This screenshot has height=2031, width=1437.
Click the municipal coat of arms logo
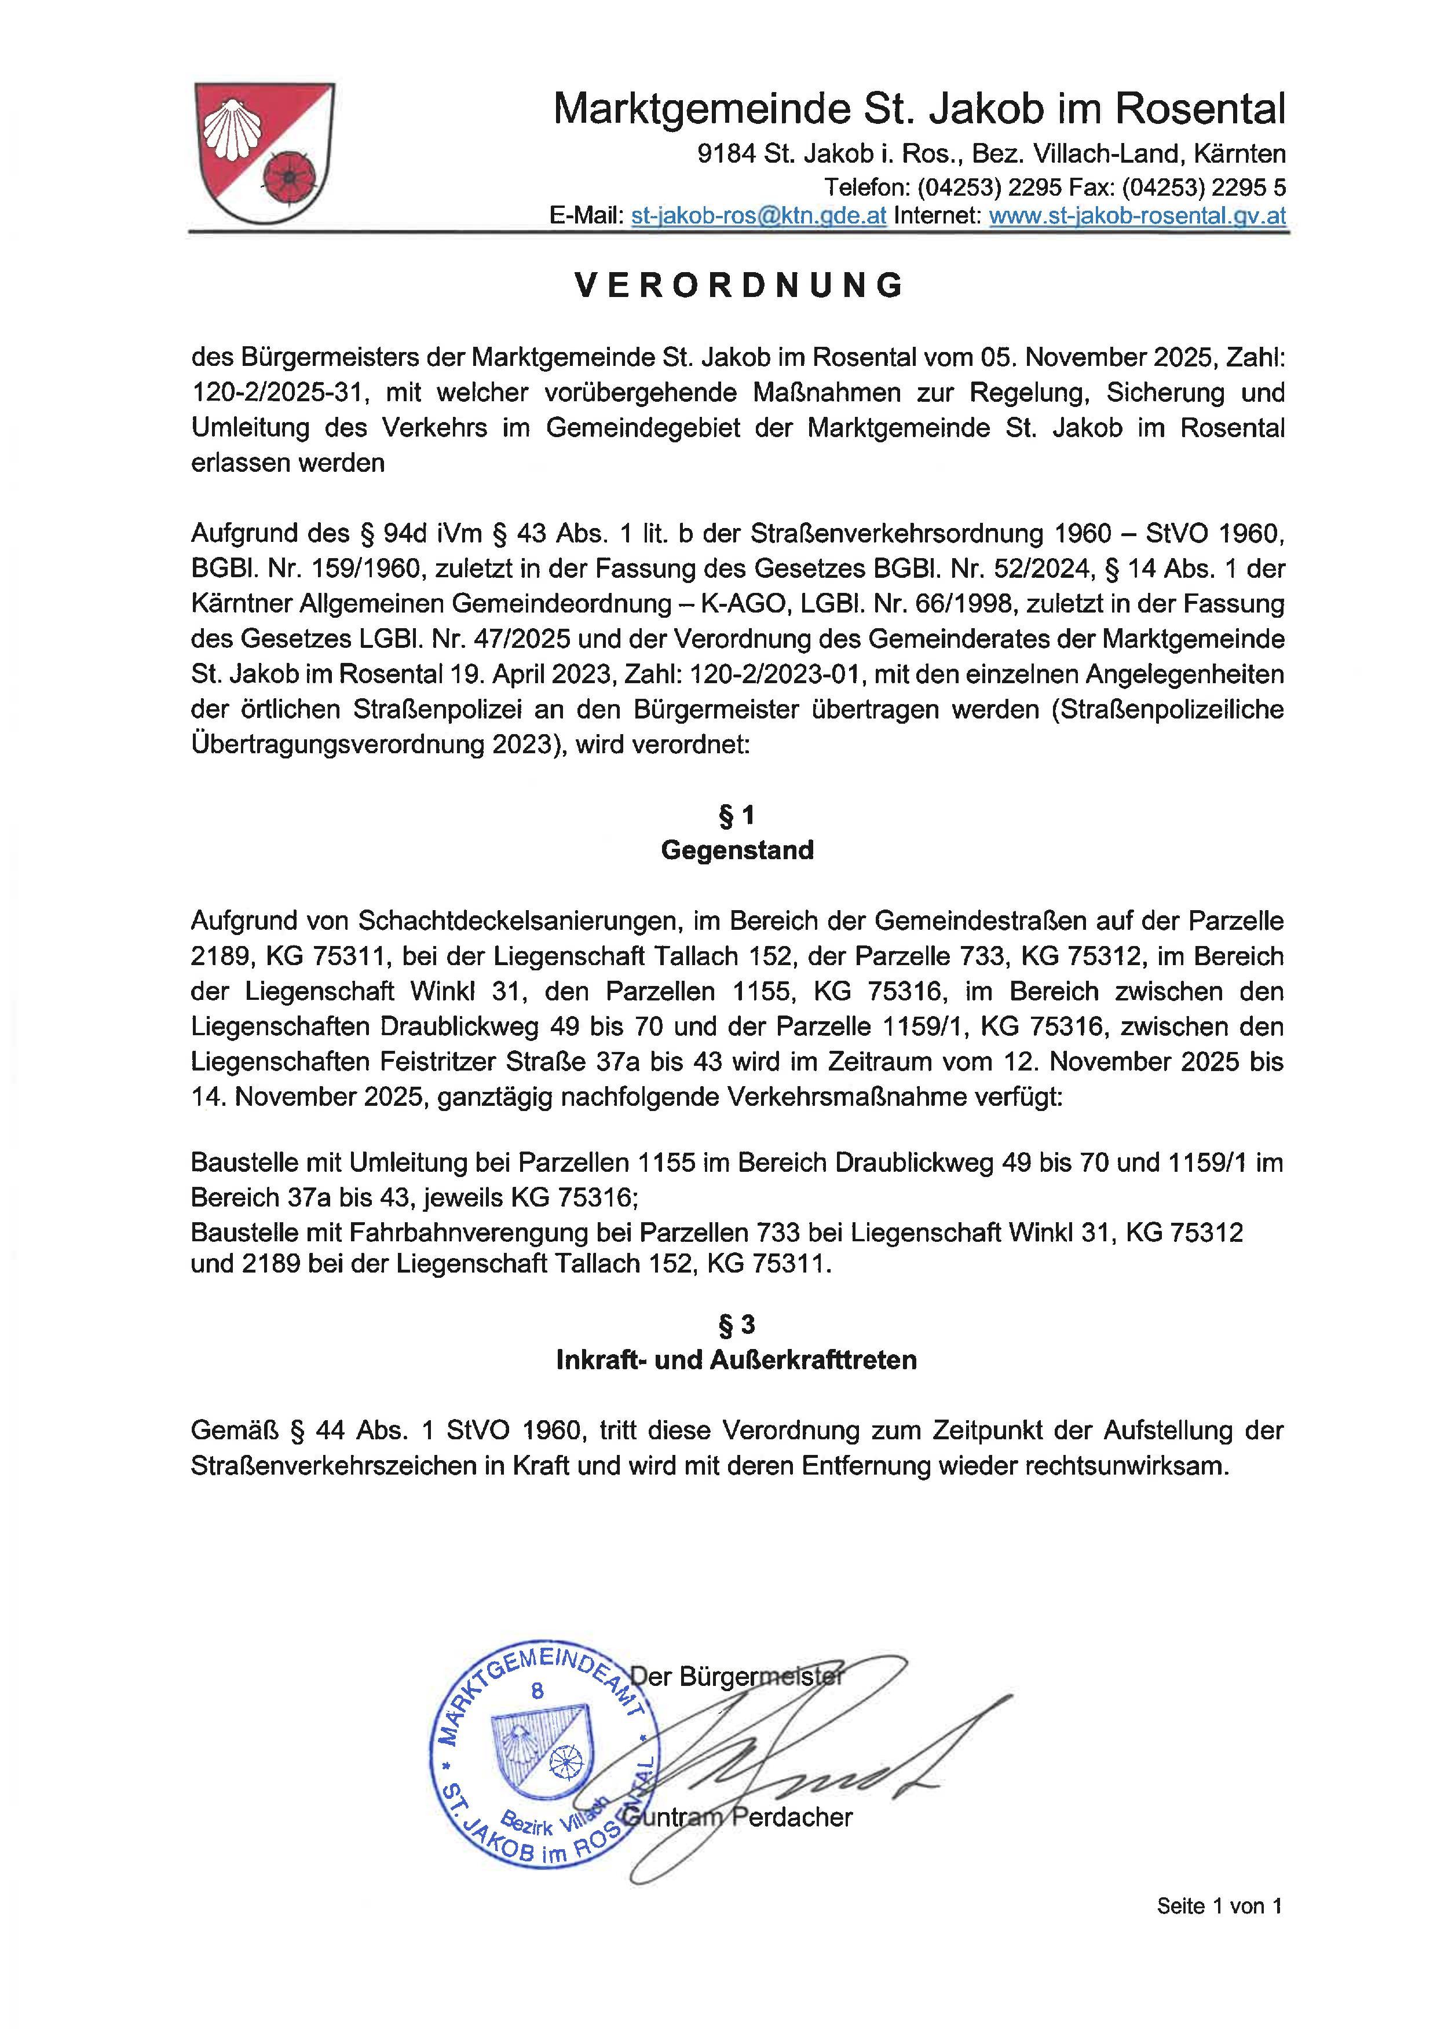click(x=264, y=153)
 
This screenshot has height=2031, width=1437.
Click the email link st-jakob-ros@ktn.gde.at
click(x=758, y=216)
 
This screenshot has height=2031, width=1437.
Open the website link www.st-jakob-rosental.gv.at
click(x=1137, y=216)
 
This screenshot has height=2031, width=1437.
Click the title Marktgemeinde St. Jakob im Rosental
click(x=919, y=109)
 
